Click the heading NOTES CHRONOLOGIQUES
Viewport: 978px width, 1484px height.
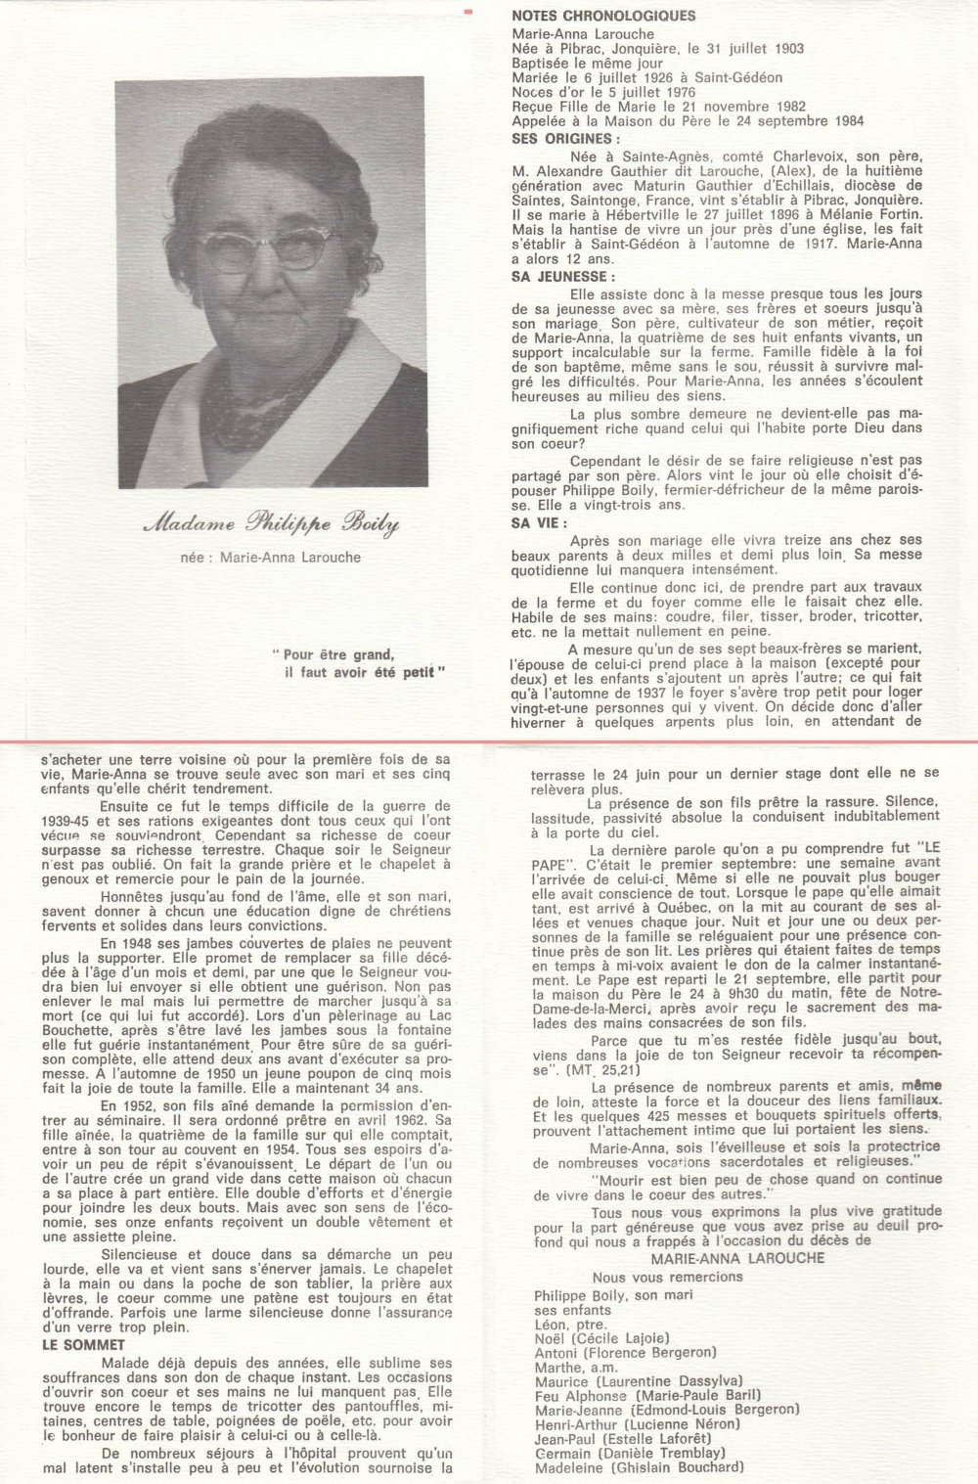pos(603,17)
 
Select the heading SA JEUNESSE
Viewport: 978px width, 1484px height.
pos(563,277)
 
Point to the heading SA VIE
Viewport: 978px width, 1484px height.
pos(540,523)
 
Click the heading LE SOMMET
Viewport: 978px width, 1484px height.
pos(83,1346)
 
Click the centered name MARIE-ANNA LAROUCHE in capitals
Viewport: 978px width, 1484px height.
pos(723,1258)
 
